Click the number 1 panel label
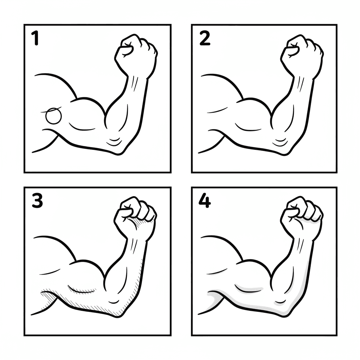coord(35,39)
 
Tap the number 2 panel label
coord(205,39)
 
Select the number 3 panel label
coord(37,201)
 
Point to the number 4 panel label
coord(205,201)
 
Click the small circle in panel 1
coord(54,116)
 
